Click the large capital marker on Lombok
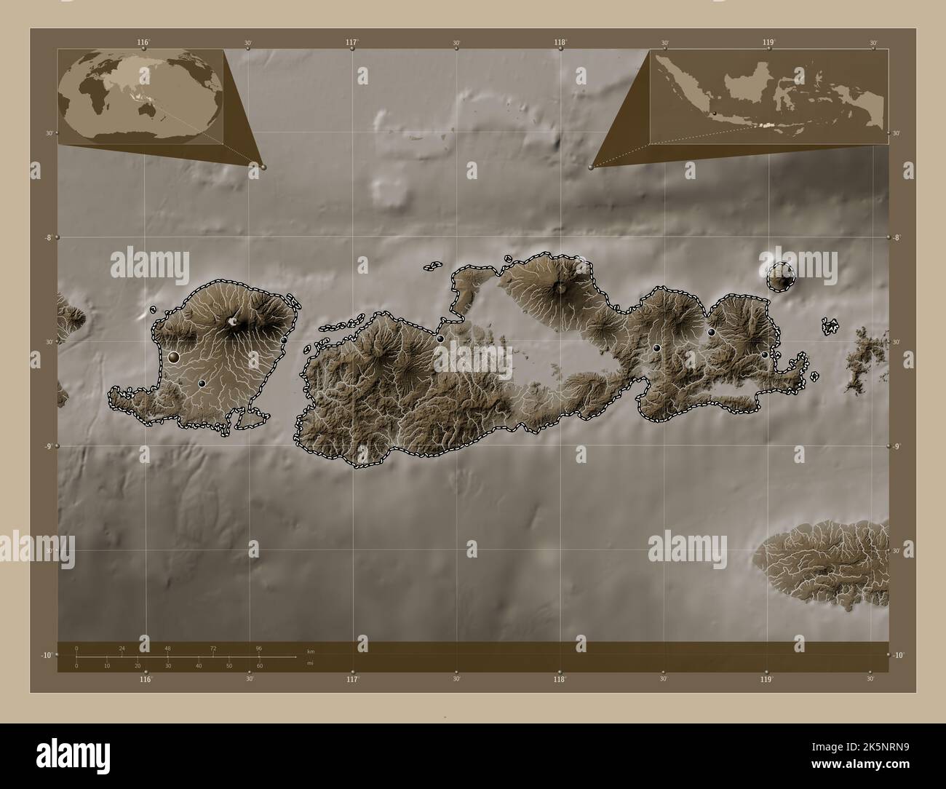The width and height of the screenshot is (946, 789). tap(173, 357)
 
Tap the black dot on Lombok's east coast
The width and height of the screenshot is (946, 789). tap(284, 340)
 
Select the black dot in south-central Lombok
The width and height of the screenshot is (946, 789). tap(202, 383)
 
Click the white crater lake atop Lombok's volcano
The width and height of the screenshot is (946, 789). tap(233, 320)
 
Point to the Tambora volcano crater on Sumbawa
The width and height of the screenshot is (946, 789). tap(561, 287)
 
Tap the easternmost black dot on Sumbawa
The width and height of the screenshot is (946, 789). tap(764, 354)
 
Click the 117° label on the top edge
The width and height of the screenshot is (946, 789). tap(351, 42)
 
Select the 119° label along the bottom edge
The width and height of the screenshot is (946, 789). tap(766, 679)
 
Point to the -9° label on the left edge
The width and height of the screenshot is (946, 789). tap(49, 446)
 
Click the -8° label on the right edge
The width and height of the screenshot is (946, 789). tap(899, 237)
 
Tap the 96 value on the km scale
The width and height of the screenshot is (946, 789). tap(258, 649)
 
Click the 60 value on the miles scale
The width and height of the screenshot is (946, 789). tap(259, 666)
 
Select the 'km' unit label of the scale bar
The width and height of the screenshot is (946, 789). tap(311, 651)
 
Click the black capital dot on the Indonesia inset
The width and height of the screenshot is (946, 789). tap(715, 113)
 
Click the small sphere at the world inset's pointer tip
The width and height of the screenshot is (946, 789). tap(263, 167)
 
